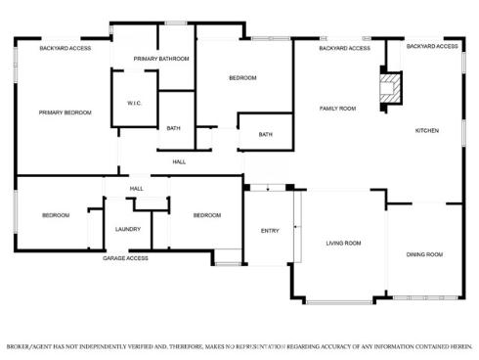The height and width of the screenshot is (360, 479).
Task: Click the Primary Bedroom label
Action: tap(65, 112)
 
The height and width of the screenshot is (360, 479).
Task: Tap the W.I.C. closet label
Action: tap(134, 103)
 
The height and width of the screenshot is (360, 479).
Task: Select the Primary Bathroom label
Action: tap(161, 59)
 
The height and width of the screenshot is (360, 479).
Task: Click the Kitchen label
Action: tap(427, 130)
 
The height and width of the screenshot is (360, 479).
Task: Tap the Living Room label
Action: tap(343, 243)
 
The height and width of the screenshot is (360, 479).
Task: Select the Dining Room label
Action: tap(424, 254)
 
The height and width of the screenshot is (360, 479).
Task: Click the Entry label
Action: tap(270, 231)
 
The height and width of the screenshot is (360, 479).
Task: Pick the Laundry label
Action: tap(127, 229)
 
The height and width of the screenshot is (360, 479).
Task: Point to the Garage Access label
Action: tap(126, 258)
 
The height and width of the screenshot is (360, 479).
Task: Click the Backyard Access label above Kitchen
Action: tap(432, 46)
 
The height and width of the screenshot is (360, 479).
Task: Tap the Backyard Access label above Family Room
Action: tap(344, 48)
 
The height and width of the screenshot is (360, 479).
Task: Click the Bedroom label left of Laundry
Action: tap(55, 215)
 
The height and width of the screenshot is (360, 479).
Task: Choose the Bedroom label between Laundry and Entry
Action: tap(206, 215)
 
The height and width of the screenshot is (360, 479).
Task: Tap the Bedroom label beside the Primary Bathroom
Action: tap(242, 77)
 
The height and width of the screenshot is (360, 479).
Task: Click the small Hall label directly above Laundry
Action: tap(136, 188)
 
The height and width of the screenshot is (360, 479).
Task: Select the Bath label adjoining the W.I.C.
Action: tap(173, 128)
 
